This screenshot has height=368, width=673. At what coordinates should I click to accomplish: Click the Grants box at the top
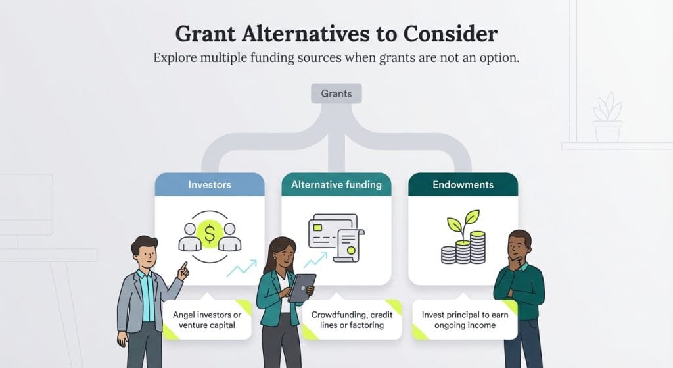pos(336,93)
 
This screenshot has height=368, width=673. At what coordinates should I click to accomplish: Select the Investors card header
pos(210,185)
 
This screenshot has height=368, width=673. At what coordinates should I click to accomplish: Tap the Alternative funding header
pos(336,185)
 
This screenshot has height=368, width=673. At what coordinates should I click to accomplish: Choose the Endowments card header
pos(463,185)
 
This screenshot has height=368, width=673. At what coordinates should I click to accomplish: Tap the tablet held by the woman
pos(302,287)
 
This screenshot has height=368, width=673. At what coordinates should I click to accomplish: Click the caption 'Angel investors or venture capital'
pos(207,320)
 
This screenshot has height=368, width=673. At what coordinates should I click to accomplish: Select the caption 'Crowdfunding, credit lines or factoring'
pos(352,320)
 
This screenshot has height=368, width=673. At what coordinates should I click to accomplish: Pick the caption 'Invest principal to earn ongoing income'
pos(465,320)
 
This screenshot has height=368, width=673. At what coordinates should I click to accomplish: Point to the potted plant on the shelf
pos(607,118)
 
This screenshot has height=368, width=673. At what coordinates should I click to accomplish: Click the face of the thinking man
pos(519,248)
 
